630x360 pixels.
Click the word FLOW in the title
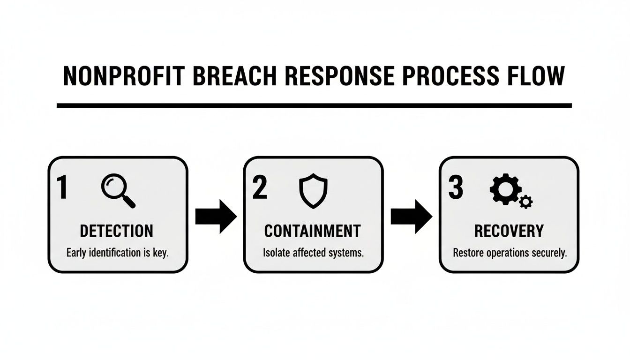coord(537,77)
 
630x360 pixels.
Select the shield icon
coord(314,190)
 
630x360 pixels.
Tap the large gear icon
coord(504,189)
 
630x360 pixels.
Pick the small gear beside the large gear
coord(526,202)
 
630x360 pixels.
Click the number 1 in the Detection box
coord(62,188)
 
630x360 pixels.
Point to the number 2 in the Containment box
coord(259,188)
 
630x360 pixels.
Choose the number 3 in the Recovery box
coord(455,188)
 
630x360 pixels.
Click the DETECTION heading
coord(116,231)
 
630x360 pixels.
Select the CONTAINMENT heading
coord(313,231)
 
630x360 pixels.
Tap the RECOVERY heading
coord(509,231)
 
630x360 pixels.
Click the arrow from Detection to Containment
coord(216,216)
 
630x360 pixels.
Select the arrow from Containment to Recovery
coord(411,216)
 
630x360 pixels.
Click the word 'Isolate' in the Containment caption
coord(276,253)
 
